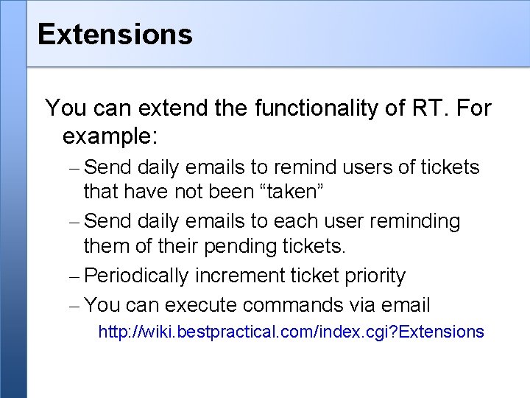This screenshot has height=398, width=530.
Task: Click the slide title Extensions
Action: (115, 34)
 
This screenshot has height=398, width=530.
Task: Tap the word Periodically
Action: (137, 276)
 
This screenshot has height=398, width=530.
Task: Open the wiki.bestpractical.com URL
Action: (291, 332)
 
